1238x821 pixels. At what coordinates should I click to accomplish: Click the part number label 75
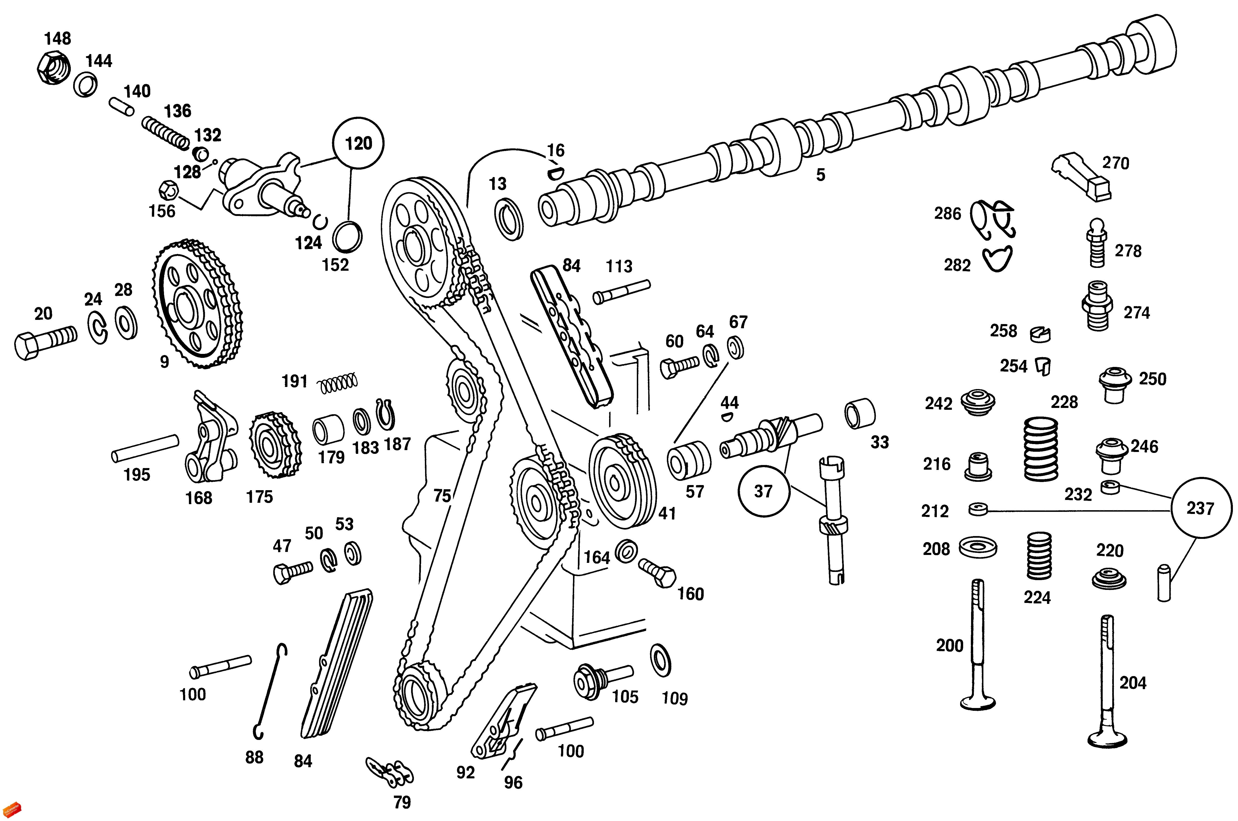coord(442,495)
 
